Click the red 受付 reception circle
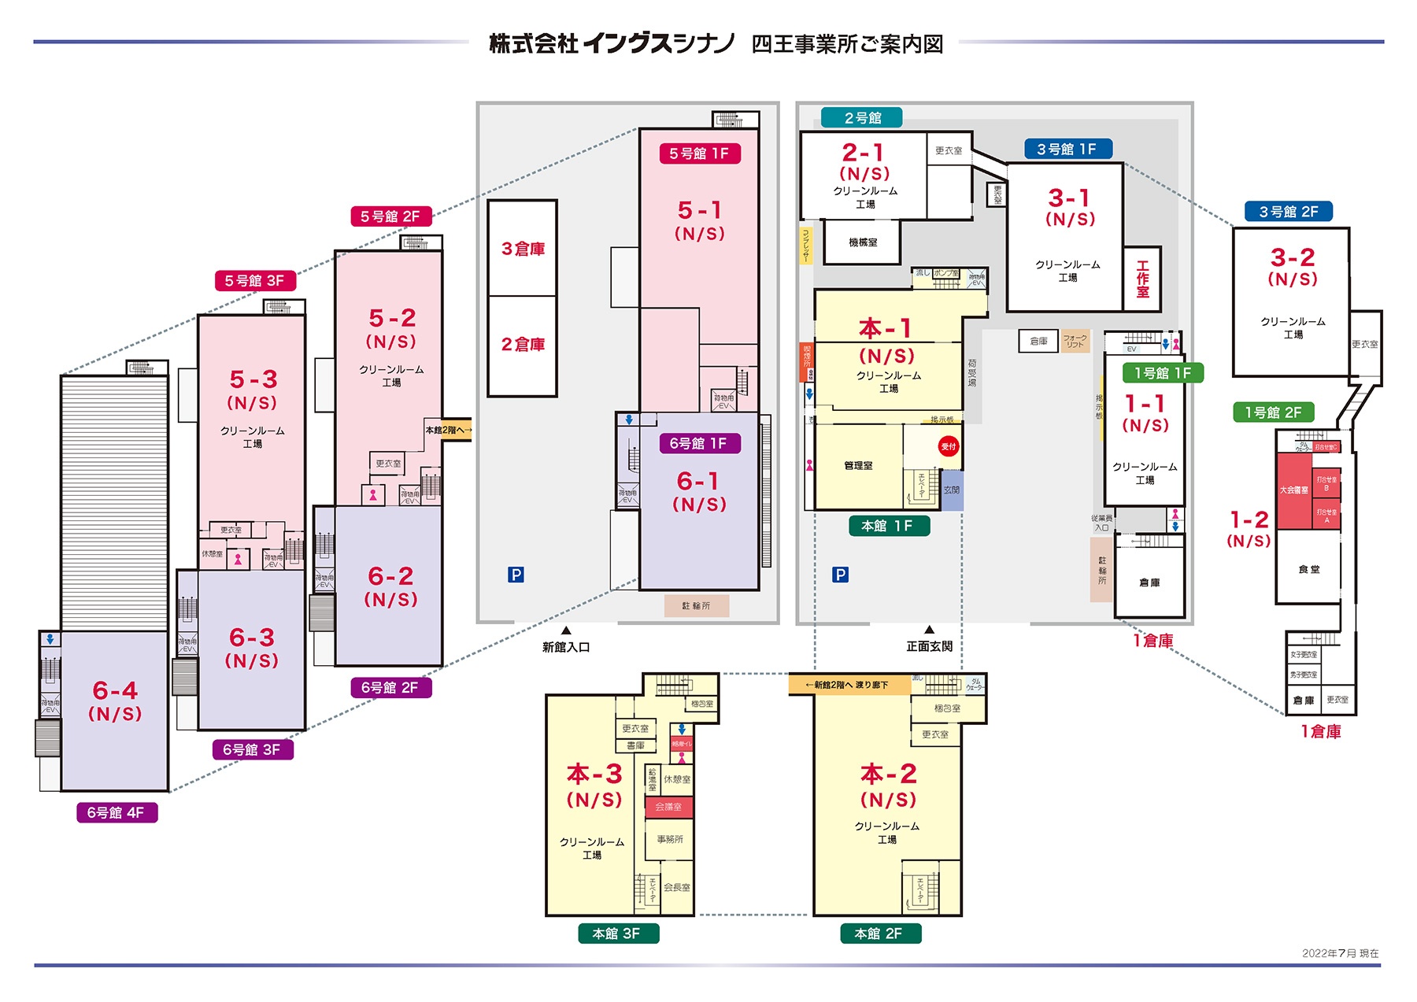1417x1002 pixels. tap(948, 446)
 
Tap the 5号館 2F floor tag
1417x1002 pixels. tap(390, 216)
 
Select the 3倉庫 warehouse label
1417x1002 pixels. tap(523, 249)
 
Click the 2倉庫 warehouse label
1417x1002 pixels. tap(523, 344)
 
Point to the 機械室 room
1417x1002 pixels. tap(863, 242)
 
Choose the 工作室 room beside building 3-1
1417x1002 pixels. tap(1142, 279)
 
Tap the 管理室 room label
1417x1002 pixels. tap(858, 466)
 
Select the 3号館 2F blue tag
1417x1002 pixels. tap(1289, 212)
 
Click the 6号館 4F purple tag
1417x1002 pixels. tap(117, 812)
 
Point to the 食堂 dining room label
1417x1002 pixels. tap(1309, 569)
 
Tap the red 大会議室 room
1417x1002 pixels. tap(1293, 490)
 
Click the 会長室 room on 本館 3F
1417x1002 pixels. tap(676, 887)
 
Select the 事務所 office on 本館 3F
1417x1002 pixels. tap(670, 839)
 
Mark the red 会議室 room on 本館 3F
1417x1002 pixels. tap(668, 807)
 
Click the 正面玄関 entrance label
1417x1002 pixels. tap(929, 646)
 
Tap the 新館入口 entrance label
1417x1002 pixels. tap(565, 647)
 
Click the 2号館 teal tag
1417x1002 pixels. tap(862, 118)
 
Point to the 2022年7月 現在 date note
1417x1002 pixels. tap(1340, 953)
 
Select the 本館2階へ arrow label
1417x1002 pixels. tap(448, 430)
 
